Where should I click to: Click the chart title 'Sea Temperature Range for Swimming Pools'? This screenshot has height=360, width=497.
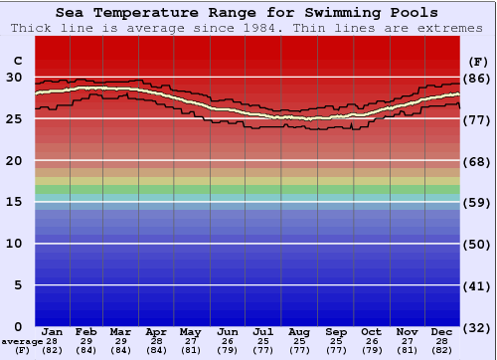coord(247,13)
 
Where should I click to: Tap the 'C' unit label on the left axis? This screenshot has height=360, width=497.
coord(16,61)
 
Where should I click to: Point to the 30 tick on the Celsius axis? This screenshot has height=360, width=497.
coord(14,77)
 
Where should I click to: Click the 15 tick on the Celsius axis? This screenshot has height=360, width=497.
coord(14,202)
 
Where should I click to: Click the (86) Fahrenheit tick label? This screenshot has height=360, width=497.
coord(478,78)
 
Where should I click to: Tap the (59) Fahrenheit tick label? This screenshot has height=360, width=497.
coord(478,203)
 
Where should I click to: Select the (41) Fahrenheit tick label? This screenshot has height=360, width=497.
coord(478,286)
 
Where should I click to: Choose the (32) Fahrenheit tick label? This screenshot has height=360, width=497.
coord(478,327)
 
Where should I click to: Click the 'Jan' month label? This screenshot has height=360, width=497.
coord(53,331)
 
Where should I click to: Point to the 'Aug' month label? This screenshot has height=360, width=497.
coord(298,331)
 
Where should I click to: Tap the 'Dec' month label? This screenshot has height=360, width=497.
coord(442,331)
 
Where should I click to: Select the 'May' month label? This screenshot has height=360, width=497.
coord(189,331)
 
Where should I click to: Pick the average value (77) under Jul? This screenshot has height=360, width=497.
coord(263,350)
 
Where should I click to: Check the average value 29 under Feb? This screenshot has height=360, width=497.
coord(87,341)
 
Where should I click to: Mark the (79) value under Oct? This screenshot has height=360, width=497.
coord(371,350)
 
